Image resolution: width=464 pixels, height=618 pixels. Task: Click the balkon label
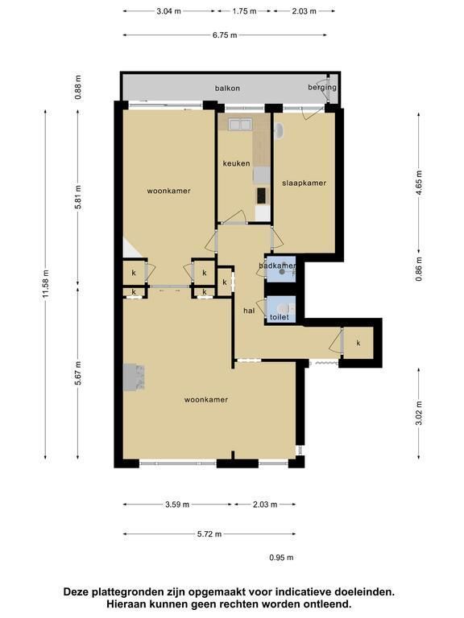(227, 88)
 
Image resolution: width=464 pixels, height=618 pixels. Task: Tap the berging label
(322, 88)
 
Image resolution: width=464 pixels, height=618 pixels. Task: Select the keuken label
(236, 163)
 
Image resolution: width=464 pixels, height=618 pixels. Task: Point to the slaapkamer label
(304, 183)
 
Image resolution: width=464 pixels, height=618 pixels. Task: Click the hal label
(249, 311)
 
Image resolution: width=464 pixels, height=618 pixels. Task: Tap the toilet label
(280, 317)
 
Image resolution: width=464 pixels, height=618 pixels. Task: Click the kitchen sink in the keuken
(239, 125)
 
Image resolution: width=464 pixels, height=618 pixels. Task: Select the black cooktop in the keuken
(262, 195)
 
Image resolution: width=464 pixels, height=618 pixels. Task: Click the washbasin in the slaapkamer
(279, 132)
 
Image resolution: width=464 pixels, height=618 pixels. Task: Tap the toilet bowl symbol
(284, 308)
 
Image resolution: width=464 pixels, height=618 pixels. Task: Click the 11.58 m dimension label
(46, 284)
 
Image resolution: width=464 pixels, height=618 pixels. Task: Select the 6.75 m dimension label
(225, 35)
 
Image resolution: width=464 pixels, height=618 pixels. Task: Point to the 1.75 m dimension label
(244, 11)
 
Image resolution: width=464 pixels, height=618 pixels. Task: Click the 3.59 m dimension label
(177, 505)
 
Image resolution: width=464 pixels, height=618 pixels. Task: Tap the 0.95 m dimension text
(281, 558)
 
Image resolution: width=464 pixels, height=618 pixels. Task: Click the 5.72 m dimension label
(209, 534)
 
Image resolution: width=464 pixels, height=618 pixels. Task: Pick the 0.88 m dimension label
(78, 87)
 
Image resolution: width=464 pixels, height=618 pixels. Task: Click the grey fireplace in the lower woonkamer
(134, 377)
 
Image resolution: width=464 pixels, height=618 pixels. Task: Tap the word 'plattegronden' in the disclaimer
(127, 592)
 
